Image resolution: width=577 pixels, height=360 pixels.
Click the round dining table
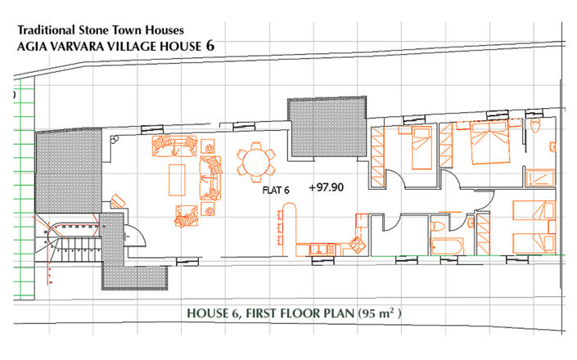point(256,162)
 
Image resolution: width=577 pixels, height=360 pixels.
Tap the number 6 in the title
point(210,47)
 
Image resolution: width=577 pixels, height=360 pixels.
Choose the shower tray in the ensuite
point(539,178)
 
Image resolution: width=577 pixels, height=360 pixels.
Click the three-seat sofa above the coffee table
point(174,147)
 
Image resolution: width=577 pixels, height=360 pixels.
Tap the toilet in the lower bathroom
point(438,225)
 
